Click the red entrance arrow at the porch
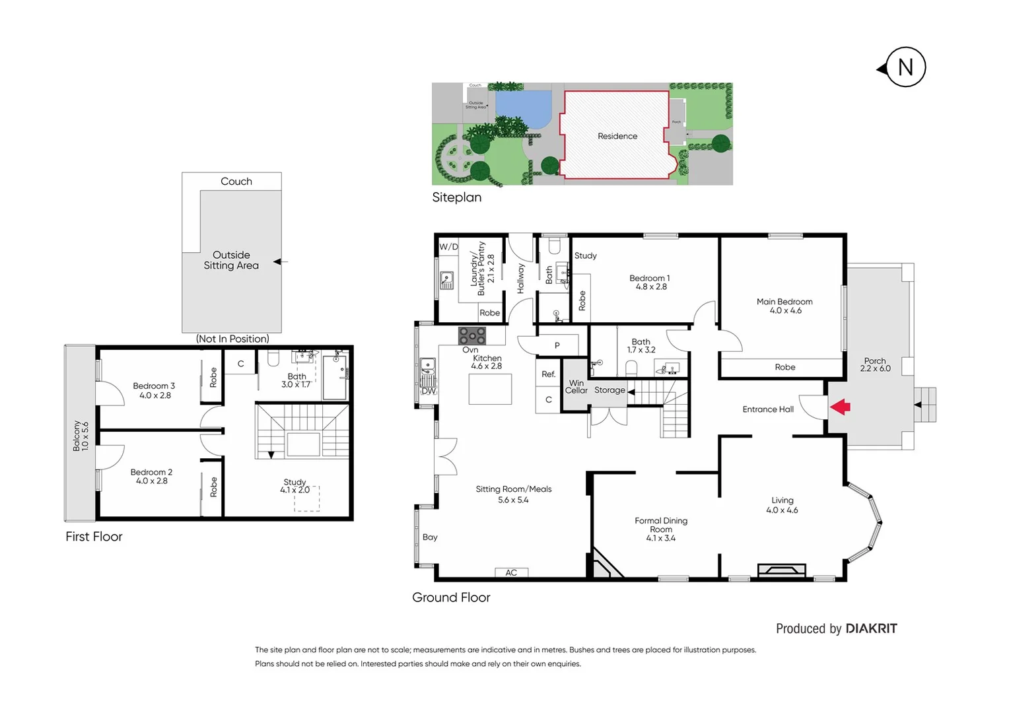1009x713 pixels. (x=840, y=407)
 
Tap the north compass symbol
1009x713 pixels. (x=905, y=67)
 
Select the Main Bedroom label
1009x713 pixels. (x=784, y=306)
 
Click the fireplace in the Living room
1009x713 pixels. (x=781, y=571)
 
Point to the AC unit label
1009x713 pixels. (x=511, y=572)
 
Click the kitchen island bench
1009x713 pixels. (x=490, y=389)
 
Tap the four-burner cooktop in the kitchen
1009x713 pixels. (x=472, y=335)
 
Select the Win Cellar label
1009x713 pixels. (x=576, y=387)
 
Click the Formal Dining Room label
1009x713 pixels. (x=661, y=529)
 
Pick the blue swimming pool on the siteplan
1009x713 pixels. (x=522, y=108)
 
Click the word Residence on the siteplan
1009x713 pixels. (x=617, y=136)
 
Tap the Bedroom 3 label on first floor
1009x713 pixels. (x=154, y=390)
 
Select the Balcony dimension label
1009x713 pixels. (x=81, y=436)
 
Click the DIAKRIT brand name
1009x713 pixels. (x=871, y=628)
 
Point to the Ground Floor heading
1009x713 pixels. (x=451, y=597)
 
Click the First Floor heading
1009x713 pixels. (x=94, y=537)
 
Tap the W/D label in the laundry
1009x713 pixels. (x=448, y=247)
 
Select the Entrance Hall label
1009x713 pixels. (x=768, y=409)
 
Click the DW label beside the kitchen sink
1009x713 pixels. (x=429, y=391)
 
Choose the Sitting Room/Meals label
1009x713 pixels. (x=513, y=494)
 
